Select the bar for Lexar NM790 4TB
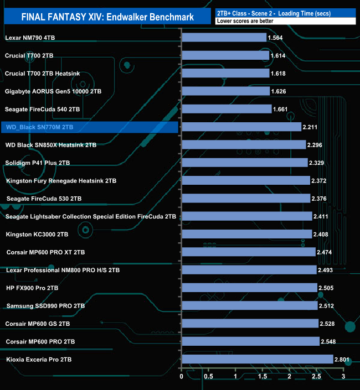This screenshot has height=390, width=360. (x=224, y=38)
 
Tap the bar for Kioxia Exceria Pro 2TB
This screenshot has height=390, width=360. (x=257, y=360)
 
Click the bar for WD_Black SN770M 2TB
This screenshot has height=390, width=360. (x=241, y=127)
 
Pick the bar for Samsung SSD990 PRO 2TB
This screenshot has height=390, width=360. (x=249, y=306)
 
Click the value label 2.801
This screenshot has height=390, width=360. (x=343, y=360)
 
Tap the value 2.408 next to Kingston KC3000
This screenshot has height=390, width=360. (x=322, y=235)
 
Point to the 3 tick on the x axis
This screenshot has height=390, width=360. (x=343, y=377)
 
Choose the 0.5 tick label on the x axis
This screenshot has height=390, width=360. (x=208, y=377)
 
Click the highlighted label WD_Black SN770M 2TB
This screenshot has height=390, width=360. (x=39, y=127)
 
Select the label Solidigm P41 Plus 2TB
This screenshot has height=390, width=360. (x=38, y=163)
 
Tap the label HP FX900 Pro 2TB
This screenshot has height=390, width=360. (x=32, y=288)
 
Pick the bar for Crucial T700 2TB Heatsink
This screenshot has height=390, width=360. (x=225, y=74)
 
